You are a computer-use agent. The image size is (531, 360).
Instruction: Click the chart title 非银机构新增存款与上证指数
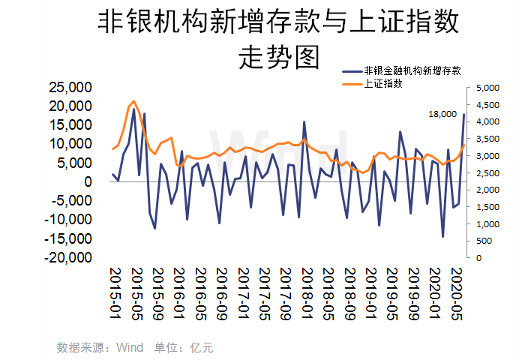coord(277,22)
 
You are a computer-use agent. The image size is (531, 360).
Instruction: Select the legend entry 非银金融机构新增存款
coord(411,70)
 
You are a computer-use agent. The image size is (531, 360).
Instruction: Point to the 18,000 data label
coord(442,114)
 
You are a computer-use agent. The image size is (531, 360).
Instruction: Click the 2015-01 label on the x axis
coord(115,293)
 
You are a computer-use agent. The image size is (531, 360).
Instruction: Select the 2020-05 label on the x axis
coord(455,293)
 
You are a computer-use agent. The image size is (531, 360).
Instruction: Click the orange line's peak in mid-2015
coord(133,100)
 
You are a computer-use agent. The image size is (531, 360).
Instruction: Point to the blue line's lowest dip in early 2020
coord(443,237)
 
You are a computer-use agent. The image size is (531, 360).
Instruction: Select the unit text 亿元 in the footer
coord(202,348)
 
